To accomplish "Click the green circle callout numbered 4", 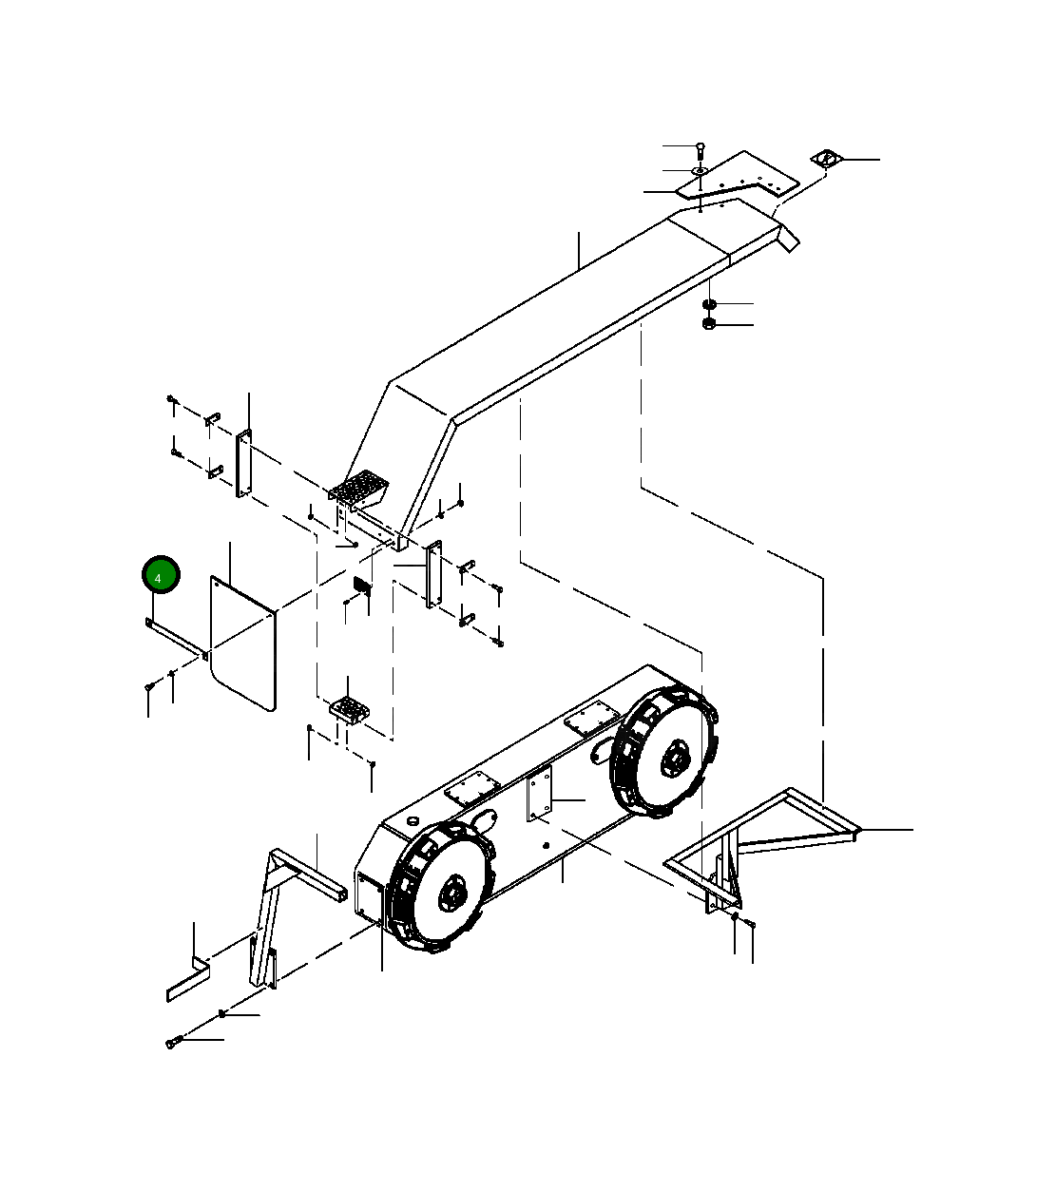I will (x=161, y=575).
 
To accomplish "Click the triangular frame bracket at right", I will (x=760, y=841).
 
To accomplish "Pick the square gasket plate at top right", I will (x=826, y=159).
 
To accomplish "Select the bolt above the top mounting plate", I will (x=701, y=147).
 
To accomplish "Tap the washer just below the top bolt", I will (x=700, y=171).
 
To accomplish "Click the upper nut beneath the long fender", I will (x=709, y=304).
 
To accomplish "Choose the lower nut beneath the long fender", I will (x=709, y=325).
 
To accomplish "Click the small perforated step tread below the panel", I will (x=348, y=707).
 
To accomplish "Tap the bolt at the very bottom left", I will (x=172, y=1043).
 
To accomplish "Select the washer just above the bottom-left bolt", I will (x=221, y=1015).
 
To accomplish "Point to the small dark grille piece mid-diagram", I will (x=361, y=585).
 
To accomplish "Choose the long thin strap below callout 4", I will (x=177, y=638).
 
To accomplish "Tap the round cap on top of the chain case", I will (x=413, y=819).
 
